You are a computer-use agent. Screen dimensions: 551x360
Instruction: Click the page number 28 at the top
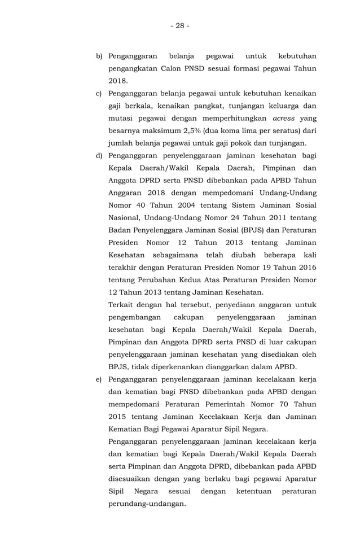pyautogui.click(x=179, y=25)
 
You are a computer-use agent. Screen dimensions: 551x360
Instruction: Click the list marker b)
pyautogui.click(x=99, y=56)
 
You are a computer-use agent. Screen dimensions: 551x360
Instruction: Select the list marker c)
pyautogui.click(x=99, y=93)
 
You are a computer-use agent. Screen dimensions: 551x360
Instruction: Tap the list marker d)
pyautogui.click(x=99, y=155)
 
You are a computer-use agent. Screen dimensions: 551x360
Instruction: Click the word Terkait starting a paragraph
pyautogui.click(x=122, y=305)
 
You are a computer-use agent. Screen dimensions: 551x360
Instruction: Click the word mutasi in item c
pyautogui.click(x=122, y=118)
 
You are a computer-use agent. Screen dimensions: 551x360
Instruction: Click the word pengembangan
pyautogui.click(x=135, y=317)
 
